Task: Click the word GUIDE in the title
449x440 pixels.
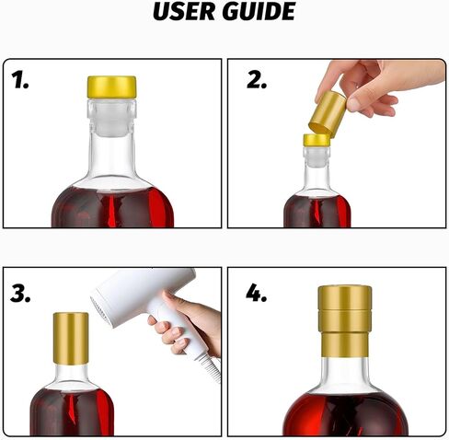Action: (259, 11)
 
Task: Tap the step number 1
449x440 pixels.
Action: (20, 80)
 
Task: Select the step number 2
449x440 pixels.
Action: (257, 80)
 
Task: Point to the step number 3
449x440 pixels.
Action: (20, 294)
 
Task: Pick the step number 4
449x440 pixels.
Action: (256, 293)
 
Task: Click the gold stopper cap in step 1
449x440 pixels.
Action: (112, 87)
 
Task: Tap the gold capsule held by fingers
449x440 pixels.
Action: (328, 114)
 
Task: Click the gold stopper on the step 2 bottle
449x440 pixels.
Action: (317, 140)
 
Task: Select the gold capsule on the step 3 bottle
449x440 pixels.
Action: (71, 339)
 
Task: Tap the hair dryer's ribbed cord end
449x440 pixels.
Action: (211, 366)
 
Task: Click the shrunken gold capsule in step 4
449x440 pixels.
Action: (345, 321)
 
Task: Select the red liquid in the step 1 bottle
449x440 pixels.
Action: (112, 206)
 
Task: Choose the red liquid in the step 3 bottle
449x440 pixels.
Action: (72, 411)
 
